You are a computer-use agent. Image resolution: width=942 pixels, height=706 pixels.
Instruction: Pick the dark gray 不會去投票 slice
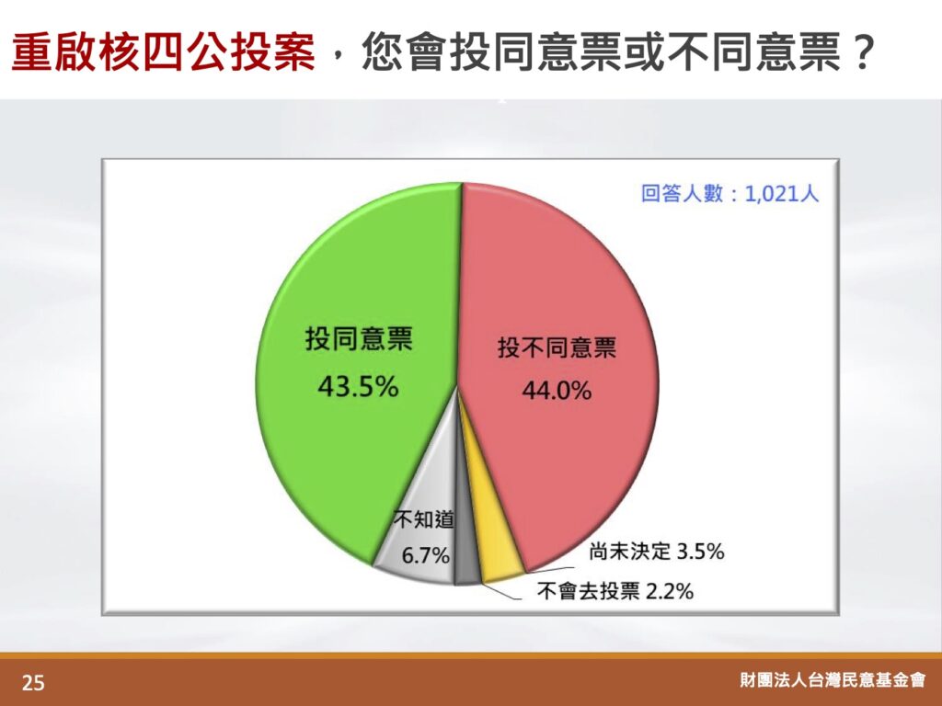(x=466, y=552)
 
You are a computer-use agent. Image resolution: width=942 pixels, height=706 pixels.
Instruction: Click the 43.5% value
(x=358, y=387)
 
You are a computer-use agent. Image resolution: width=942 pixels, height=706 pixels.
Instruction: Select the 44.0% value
(x=557, y=391)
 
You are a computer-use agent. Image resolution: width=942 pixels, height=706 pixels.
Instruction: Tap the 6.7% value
(x=425, y=555)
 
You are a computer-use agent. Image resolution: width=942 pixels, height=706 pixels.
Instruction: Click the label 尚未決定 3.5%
(x=657, y=552)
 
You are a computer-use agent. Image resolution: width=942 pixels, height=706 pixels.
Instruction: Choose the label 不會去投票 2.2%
(x=615, y=591)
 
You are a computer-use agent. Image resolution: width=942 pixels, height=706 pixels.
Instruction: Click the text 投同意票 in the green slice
(x=359, y=338)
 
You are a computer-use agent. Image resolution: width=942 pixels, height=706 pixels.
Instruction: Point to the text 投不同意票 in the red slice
(x=557, y=347)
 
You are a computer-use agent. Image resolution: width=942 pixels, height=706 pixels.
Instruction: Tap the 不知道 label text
(x=424, y=520)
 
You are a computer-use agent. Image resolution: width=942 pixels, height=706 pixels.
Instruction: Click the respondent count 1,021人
(x=782, y=193)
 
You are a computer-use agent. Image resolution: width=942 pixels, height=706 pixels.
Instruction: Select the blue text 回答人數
(x=682, y=193)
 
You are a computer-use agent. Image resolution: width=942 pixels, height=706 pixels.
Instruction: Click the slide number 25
(x=33, y=683)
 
